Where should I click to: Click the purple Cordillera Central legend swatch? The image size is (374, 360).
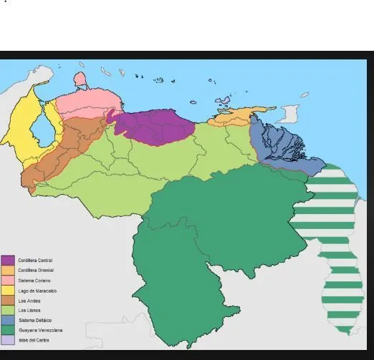8,260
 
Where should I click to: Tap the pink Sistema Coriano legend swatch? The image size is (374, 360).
8,280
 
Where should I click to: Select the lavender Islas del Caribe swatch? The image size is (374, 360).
8,340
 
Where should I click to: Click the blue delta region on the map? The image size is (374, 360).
276,147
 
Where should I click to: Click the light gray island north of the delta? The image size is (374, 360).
289,113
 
